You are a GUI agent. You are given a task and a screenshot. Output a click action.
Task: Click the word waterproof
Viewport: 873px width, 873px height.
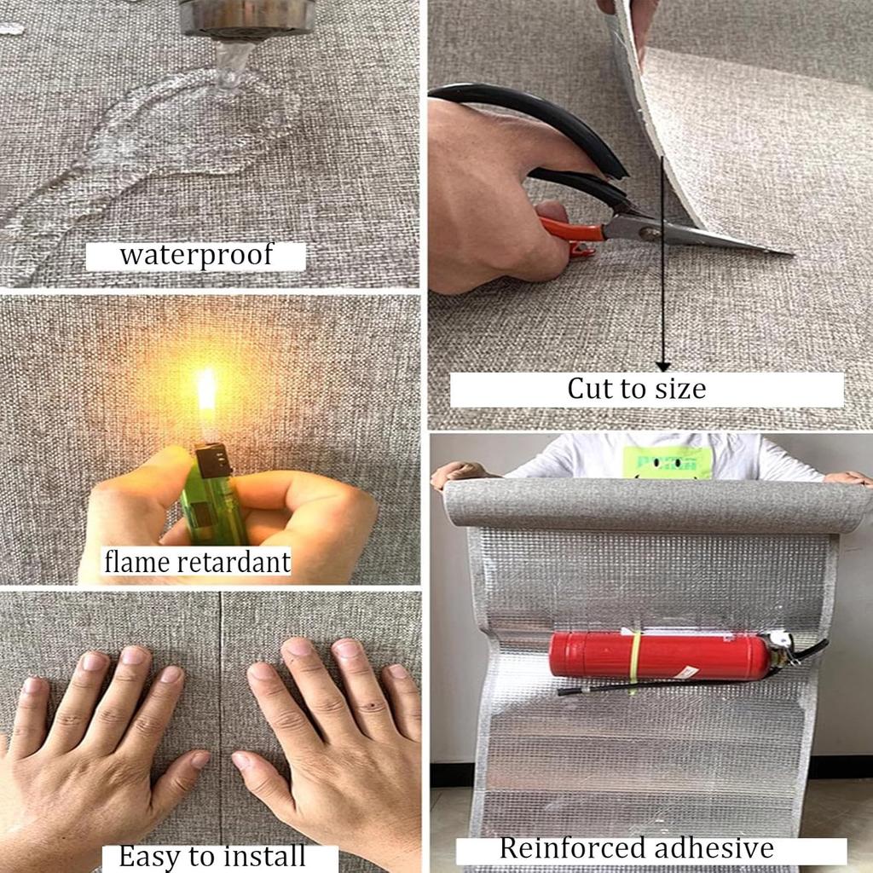pyautogui.click(x=195, y=255)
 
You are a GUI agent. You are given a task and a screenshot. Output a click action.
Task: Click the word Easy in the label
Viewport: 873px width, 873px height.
pyautogui.click(x=148, y=855)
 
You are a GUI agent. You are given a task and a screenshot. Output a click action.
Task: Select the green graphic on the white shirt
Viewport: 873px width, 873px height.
pyautogui.click(x=666, y=463)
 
